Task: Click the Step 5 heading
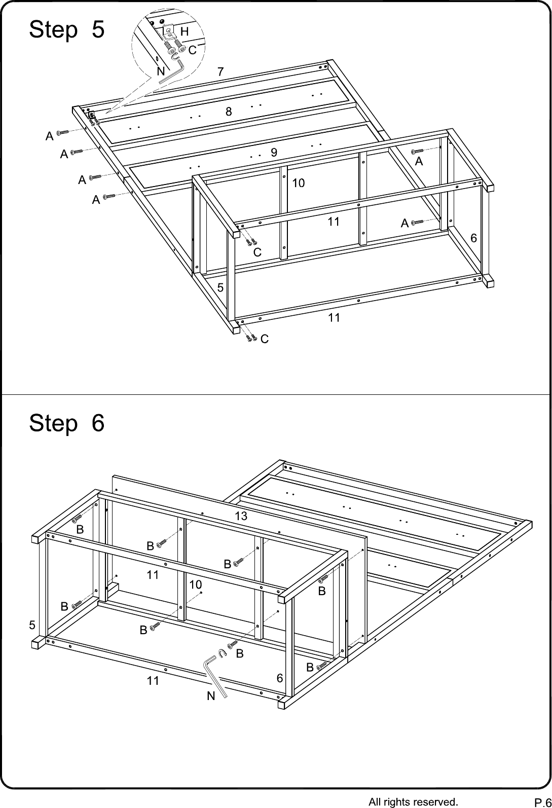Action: pos(67,29)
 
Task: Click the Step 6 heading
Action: pos(67,423)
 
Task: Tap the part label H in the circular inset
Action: pos(185,32)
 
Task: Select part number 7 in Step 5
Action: pos(220,72)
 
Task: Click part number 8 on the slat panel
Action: pos(229,112)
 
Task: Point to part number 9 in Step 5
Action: pos(274,152)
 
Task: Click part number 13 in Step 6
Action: pos(241,516)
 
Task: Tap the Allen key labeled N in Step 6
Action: pos(213,677)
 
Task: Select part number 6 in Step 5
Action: pos(473,238)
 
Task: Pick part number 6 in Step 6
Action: pos(280,679)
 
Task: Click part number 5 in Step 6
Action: pos(32,625)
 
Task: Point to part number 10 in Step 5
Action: pos(299,183)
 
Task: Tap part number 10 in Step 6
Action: pos(196,585)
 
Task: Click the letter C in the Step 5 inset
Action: pos(192,50)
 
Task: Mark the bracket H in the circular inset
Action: pos(168,32)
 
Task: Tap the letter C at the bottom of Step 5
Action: pos(264,339)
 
